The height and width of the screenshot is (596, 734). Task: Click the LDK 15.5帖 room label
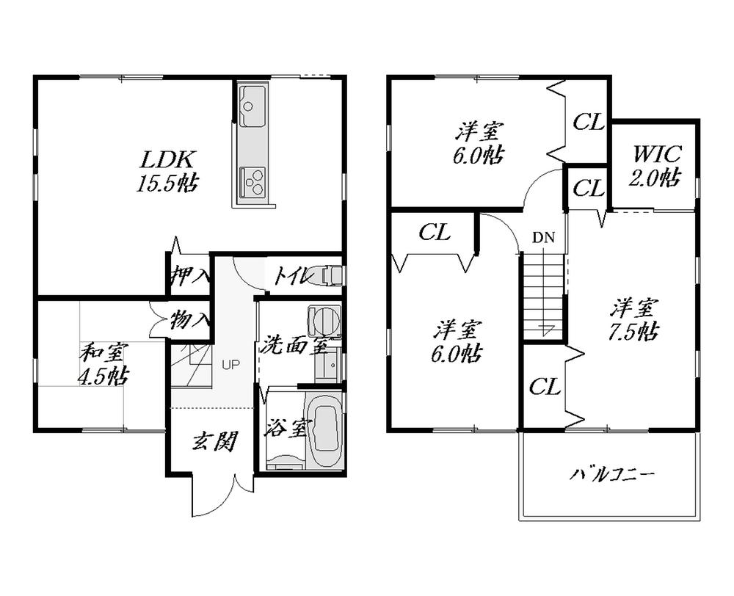point(167,170)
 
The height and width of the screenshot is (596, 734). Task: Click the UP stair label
point(230,363)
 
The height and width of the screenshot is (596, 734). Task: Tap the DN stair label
point(544,237)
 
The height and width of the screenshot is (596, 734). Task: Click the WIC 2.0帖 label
point(657,166)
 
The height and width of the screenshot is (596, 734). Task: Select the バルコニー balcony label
point(613,475)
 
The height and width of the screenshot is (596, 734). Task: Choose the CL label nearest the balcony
point(545,387)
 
